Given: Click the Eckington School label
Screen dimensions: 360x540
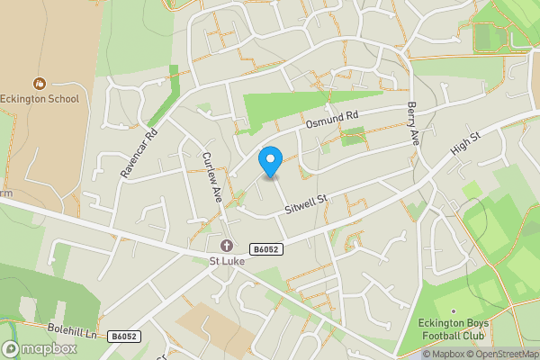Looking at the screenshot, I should [x=40, y=99].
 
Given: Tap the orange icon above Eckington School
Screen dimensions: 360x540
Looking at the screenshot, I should [x=40, y=82].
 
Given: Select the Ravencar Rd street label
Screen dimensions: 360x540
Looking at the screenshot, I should [x=139, y=152].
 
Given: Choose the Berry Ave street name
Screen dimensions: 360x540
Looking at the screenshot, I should [x=413, y=124].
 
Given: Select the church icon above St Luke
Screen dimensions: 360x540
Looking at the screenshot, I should [x=226, y=246].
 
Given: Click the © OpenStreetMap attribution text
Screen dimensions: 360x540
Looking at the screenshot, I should [x=506, y=354].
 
